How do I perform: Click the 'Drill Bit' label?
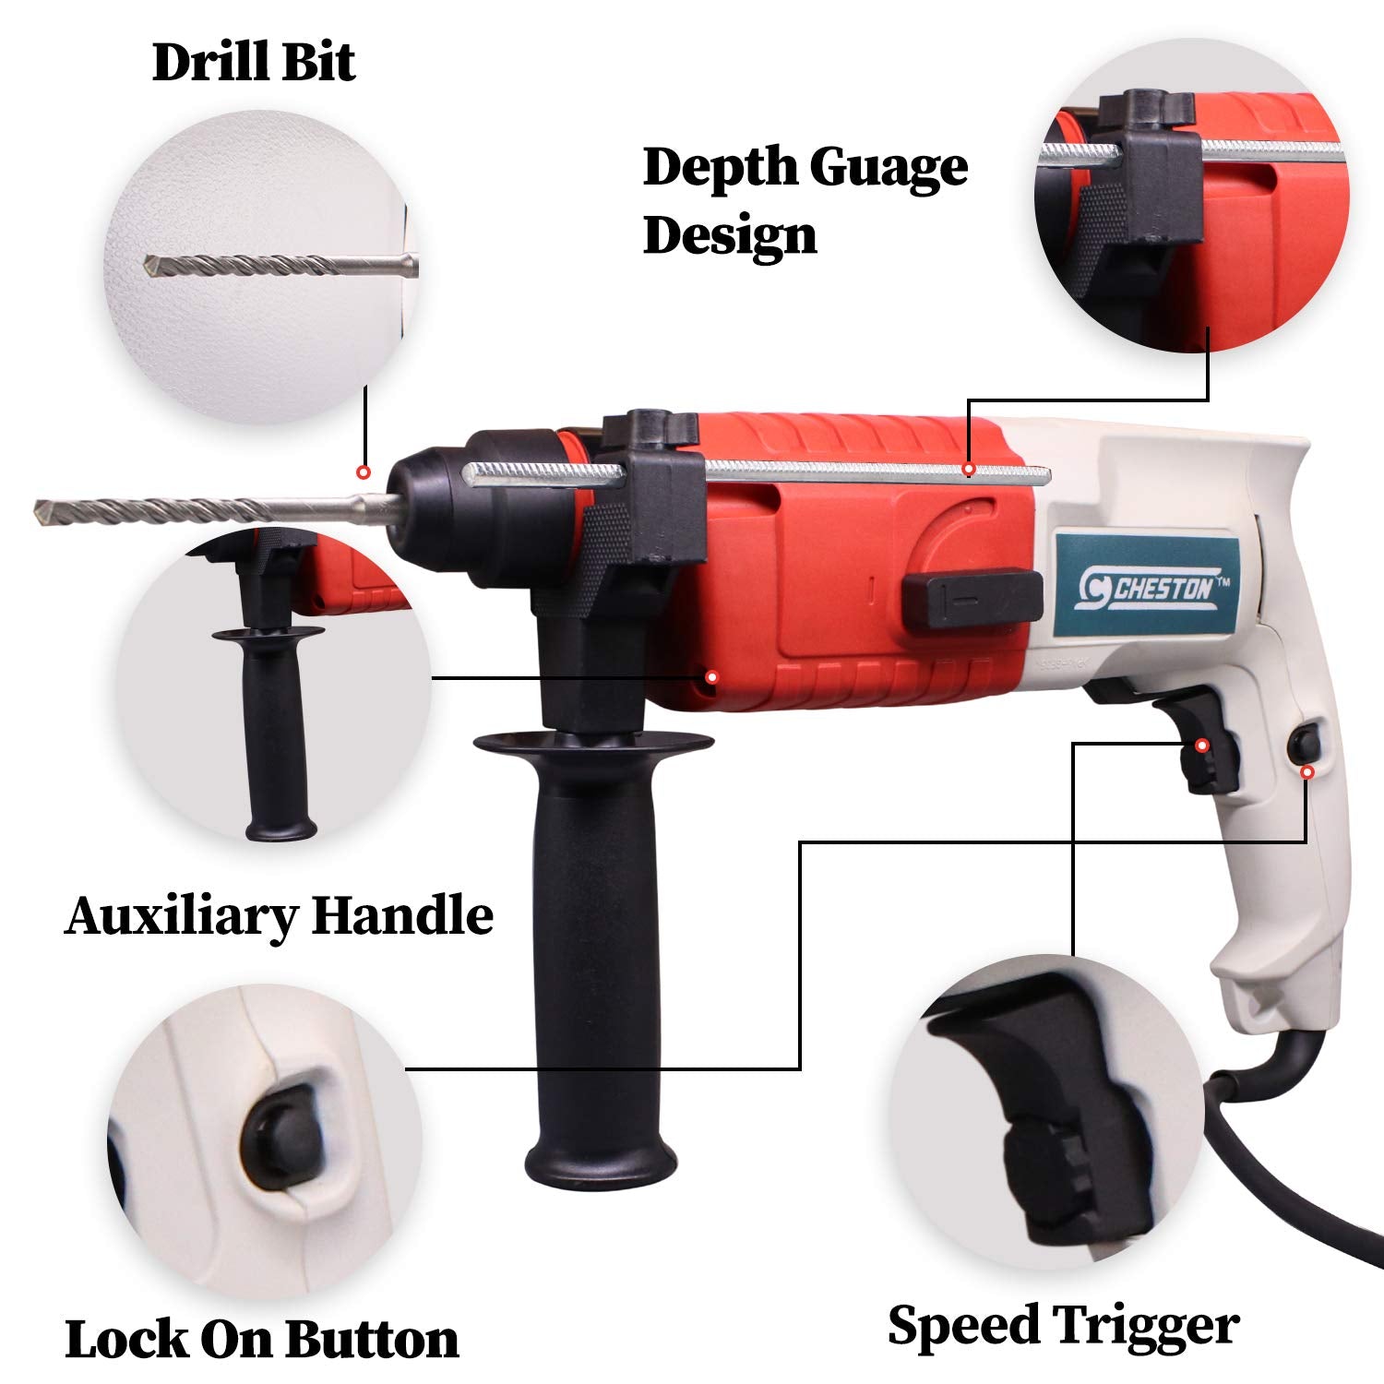pos(254,63)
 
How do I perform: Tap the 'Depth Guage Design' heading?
pos(805,200)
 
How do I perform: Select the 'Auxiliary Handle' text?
pos(279,915)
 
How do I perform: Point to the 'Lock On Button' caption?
pos(262,1338)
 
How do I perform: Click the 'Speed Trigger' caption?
pos(1063,1327)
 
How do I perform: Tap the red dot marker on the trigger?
pos(1201,745)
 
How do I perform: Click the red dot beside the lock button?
pos(1306,771)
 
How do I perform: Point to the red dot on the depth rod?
pos(968,470)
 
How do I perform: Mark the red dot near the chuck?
pos(364,471)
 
